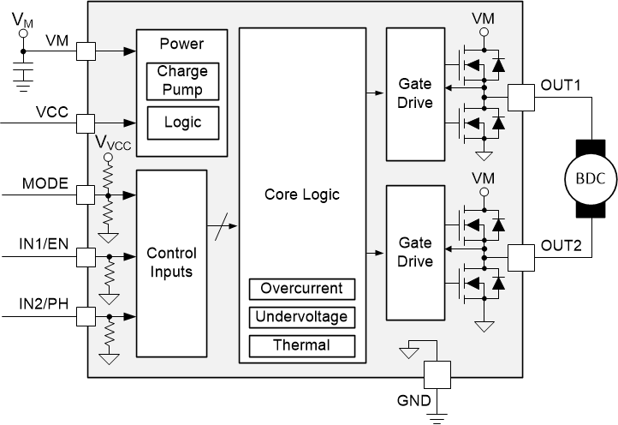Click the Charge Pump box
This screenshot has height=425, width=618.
(x=181, y=81)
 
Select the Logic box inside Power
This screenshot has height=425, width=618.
(x=181, y=123)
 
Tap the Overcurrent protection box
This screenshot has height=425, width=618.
(x=301, y=289)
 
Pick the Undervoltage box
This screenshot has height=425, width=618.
(x=301, y=317)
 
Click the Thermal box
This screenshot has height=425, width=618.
(x=301, y=345)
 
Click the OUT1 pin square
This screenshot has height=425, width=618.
(x=520, y=96)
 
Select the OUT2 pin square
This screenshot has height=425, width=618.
(x=520, y=255)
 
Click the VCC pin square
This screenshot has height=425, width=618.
(x=86, y=123)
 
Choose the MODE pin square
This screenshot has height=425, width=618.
(x=86, y=195)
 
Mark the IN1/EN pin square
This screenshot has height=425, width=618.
(x=86, y=256)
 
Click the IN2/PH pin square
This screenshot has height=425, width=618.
(x=86, y=317)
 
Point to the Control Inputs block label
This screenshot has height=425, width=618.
(x=171, y=263)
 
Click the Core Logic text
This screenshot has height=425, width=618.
(x=301, y=195)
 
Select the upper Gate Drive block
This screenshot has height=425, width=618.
(x=415, y=94)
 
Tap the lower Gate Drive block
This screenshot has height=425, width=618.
(x=415, y=254)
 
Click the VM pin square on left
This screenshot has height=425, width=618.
(x=86, y=52)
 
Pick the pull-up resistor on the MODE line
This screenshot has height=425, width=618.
(x=108, y=177)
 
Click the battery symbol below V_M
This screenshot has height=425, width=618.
(x=23, y=74)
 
